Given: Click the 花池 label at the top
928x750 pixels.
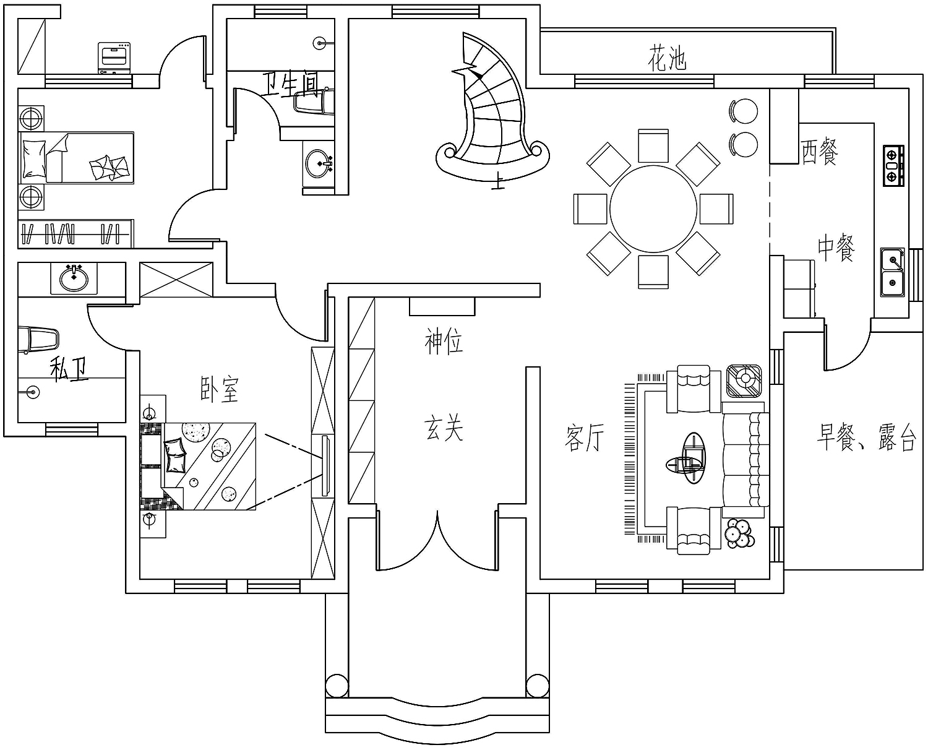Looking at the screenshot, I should pos(668,58).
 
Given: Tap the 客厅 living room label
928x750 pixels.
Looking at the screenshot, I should pos(583,438).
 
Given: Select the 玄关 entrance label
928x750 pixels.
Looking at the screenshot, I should pos(444,429).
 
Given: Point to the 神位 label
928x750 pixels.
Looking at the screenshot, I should pos(444,342).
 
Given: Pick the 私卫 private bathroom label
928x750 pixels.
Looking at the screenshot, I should pos(68,369).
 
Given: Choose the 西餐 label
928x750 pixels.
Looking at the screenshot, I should pos(819,152).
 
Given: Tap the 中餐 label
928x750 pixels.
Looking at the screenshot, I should pos(836,248).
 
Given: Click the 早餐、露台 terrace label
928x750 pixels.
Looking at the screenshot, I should pos(866,437).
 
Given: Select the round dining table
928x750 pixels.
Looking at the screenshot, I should pos(653,209).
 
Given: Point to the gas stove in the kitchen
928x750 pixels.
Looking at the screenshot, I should pos(892,165).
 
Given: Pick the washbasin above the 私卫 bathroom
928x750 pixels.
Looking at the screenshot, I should pos(74,278).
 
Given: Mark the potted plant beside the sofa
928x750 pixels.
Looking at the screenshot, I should pos(737,532).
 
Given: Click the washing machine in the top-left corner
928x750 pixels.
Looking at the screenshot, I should pos(114,58).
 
